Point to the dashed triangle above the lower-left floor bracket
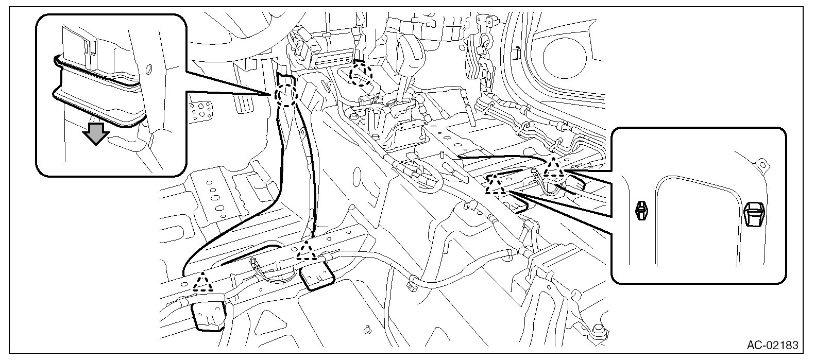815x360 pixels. click(202, 283)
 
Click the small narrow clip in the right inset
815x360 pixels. click(640, 211)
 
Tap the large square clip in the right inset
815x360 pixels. click(755, 214)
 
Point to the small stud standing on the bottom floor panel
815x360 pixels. click(366, 328)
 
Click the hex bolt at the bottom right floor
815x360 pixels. click(598, 328)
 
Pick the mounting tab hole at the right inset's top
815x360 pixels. click(761, 164)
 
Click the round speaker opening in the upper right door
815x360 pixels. click(568, 54)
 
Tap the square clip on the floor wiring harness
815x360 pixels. click(413, 282)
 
